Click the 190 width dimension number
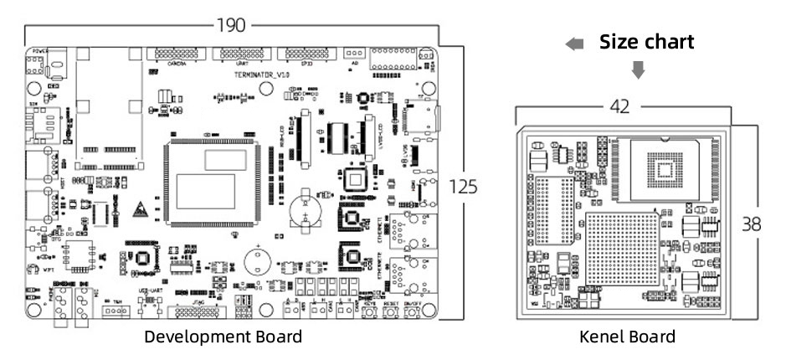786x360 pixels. tap(231, 25)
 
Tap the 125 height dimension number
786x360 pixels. tap(462, 187)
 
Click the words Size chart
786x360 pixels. tap(646, 43)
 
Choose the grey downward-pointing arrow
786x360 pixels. tap(638, 70)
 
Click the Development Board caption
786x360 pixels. tap(223, 337)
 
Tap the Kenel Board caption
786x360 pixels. tap(627, 337)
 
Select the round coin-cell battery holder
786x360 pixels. tap(305, 207)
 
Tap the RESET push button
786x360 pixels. tap(391, 312)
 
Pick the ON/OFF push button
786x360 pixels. tap(413, 312)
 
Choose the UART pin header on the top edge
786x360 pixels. tap(242, 54)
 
